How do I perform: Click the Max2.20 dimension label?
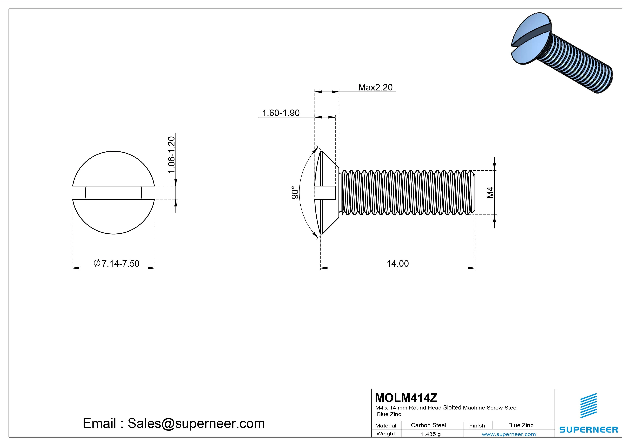(375, 87)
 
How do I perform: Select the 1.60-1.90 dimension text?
(281, 113)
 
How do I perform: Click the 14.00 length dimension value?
(398, 263)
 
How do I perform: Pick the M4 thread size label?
(490, 192)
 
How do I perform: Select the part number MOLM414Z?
(406, 397)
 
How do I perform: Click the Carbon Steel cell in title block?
(428, 425)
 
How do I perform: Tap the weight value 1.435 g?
(431, 434)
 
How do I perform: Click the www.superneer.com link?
(509, 434)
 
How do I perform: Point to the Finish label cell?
(477, 425)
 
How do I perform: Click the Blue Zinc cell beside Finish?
(521, 425)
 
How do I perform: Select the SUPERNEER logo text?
(588, 429)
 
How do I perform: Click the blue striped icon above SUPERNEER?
(588, 406)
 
